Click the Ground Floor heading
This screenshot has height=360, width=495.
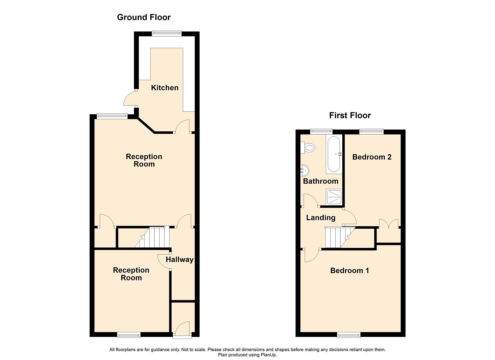(x=144, y=17)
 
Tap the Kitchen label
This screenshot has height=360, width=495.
(x=165, y=88)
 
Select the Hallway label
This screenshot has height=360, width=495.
(x=179, y=259)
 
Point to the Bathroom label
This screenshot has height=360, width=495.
(x=321, y=181)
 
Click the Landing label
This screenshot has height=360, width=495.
(x=321, y=218)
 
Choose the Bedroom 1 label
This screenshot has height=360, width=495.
(x=350, y=270)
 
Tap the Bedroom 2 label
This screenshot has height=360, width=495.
(x=372, y=157)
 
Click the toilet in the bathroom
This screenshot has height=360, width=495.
(x=308, y=147)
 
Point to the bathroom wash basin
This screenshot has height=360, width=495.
(x=305, y=170)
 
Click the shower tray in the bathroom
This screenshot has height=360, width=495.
(x=334, y=197)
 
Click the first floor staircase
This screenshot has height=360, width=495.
(x=340, y=237)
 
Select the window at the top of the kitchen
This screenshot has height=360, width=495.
(x=167, y=33)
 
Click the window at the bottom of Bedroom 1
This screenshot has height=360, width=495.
(x=349, y=335)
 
